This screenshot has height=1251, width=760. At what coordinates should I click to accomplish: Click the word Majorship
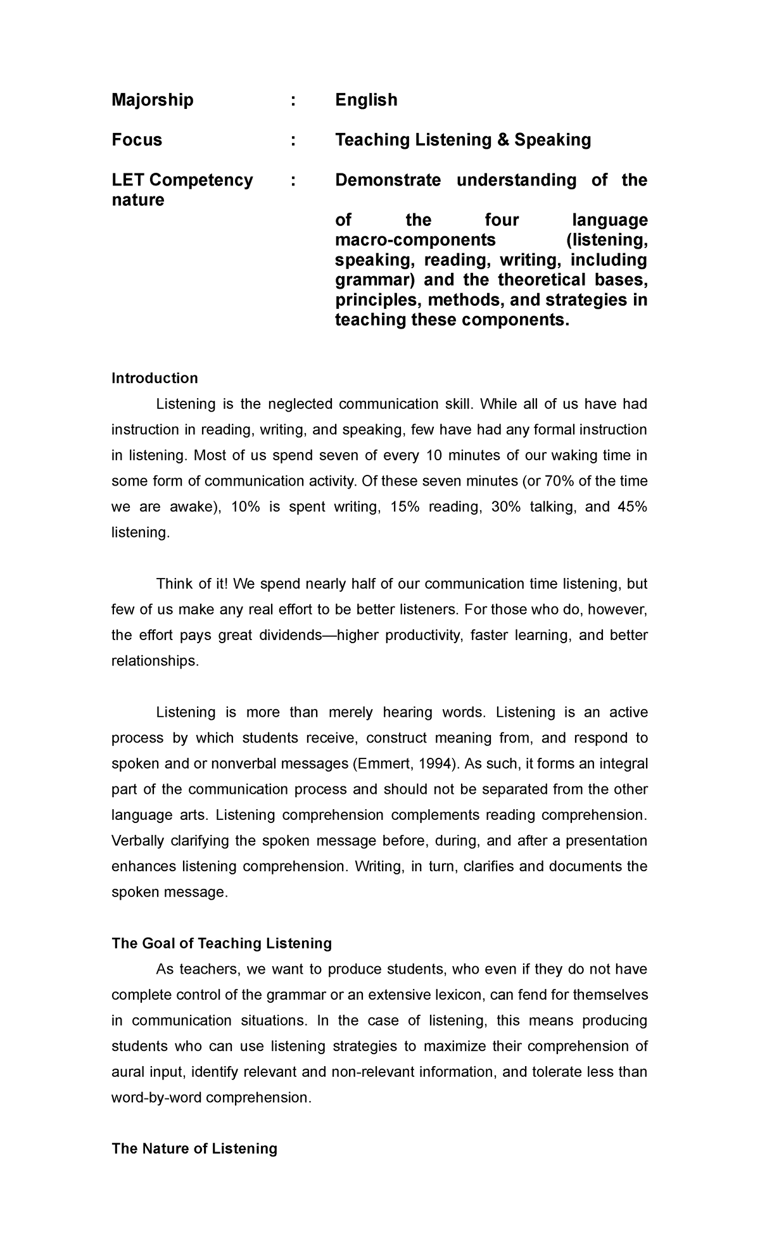pyautogui.click(x=153, y=100)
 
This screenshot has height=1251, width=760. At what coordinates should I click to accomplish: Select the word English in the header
pyautogui.click(x=366, y=100)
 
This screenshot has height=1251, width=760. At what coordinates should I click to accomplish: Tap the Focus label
pyautogui.click(x=137, y=140)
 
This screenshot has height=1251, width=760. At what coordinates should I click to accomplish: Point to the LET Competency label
pyautogui.click(x=182, y=180)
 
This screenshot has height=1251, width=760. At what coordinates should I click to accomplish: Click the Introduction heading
pyautogui.click(x=155, y=379)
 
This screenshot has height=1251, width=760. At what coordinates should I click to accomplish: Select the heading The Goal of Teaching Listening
pyautogui.click(x=222, y=944)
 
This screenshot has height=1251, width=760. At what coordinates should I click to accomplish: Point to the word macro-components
pyautogui.click(x=415, y=240)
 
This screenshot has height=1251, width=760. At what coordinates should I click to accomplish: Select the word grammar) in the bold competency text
pyautogui.click(x=370, y=280)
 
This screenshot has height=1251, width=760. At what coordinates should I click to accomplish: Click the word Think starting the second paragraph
pyautogui.click(x=175, y=584)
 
